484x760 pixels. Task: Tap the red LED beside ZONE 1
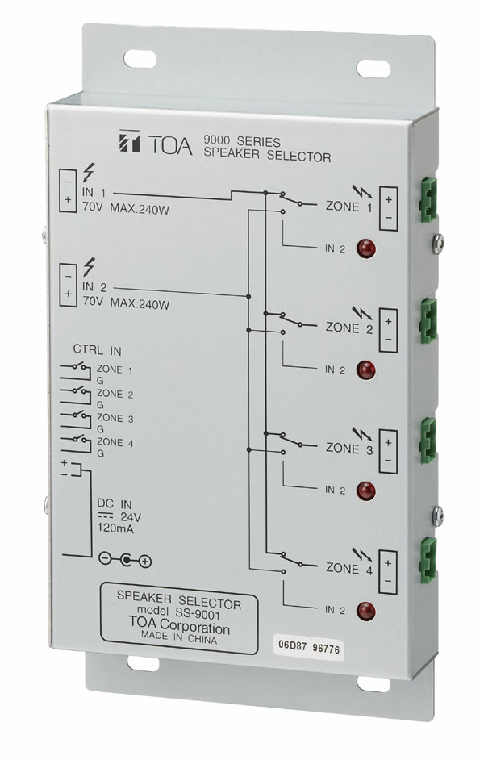tap(365, 248)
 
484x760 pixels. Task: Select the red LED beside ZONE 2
tap(365, 370)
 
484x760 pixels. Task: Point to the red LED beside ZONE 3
tap(365, 490)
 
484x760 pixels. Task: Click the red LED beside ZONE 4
tap(365, 611)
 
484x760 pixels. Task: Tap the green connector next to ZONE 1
tap(428, 198)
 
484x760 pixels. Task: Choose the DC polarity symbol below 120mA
tap(124, 560)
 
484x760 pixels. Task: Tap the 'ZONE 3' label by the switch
tap(348, 449)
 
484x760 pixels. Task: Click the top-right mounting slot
tap(374, 69)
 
